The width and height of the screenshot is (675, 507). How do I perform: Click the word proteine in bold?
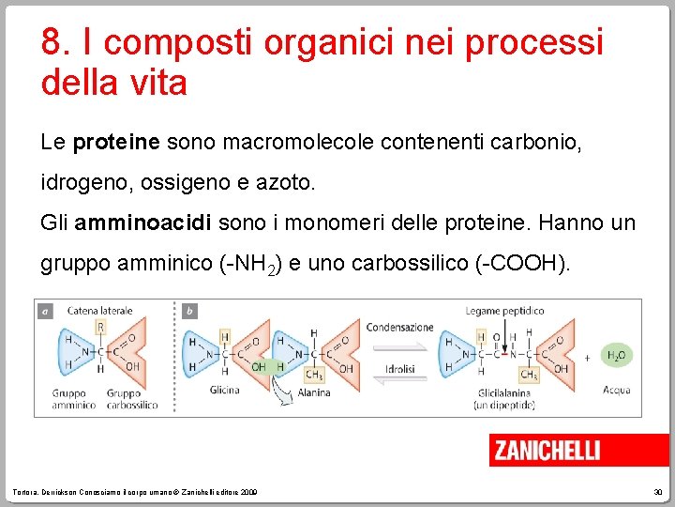tap(117, 143)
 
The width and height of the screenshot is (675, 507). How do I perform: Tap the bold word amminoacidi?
tap(145, 223)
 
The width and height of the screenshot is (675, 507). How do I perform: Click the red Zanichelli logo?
tap(547, 451)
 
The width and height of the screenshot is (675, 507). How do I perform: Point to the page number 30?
tap(659, 493)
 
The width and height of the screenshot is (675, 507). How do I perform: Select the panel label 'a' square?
tap(44, 311)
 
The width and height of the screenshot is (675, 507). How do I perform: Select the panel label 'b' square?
tap(189, 311)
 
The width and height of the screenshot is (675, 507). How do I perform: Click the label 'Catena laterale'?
tap(99, 311)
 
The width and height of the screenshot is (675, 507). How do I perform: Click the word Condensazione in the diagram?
tap(399, 328)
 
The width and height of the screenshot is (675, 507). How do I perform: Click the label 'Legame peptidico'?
tap(504, 311)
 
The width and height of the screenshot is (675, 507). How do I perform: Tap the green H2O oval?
tap(617, 355)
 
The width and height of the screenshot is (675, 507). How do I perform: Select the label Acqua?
tap(617, 390)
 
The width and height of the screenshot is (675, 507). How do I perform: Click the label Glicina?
tap(224, 391)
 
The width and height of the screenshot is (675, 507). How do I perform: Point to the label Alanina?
tap(315, 393)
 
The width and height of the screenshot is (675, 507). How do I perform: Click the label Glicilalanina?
tap(504, 393)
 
